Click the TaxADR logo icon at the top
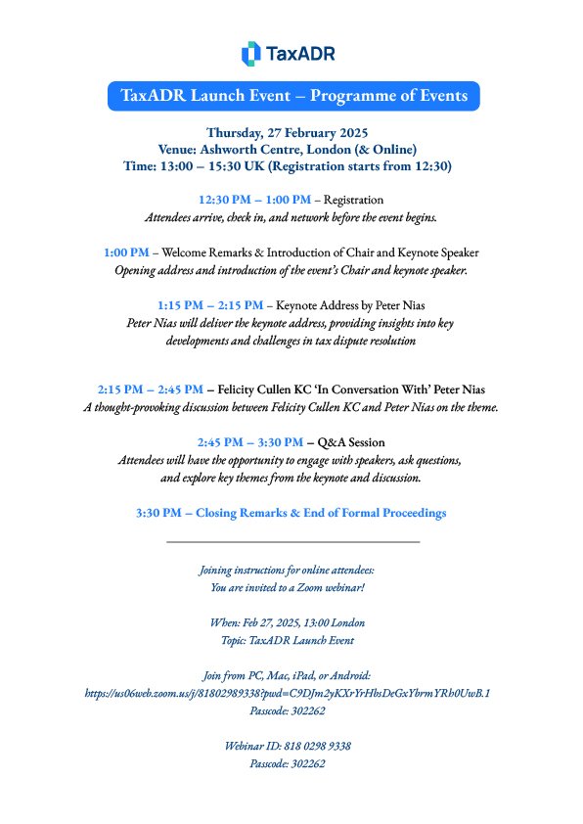[250, 54]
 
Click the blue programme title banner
[293, 96]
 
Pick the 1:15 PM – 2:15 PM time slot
[210, 304]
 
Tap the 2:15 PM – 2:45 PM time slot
[151, 389]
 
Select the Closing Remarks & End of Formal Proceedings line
[291, 512]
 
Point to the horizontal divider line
[292, 541]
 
